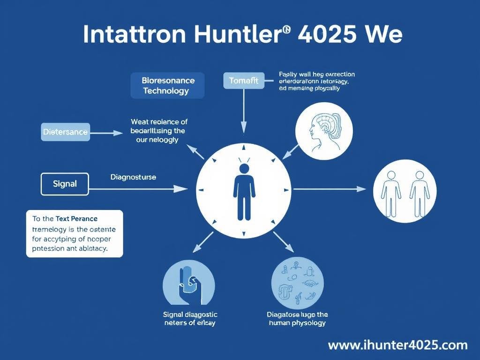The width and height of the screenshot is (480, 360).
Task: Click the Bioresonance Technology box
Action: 167,85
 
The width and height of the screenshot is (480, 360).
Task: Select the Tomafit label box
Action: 244,81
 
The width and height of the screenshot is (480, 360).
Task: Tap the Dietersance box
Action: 65,132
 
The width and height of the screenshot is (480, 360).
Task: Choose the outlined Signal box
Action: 65,184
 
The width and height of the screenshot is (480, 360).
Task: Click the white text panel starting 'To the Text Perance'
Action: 75,233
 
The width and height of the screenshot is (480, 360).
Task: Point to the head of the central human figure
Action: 244,168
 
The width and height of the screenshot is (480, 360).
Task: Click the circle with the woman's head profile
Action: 324,129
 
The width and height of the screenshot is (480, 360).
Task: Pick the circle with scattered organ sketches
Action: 297,283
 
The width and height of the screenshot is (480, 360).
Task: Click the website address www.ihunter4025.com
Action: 397,345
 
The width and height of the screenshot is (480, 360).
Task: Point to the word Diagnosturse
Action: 133,177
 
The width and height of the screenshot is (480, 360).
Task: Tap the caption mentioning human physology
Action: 297,319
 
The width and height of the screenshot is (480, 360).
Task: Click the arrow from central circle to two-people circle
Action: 329,189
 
